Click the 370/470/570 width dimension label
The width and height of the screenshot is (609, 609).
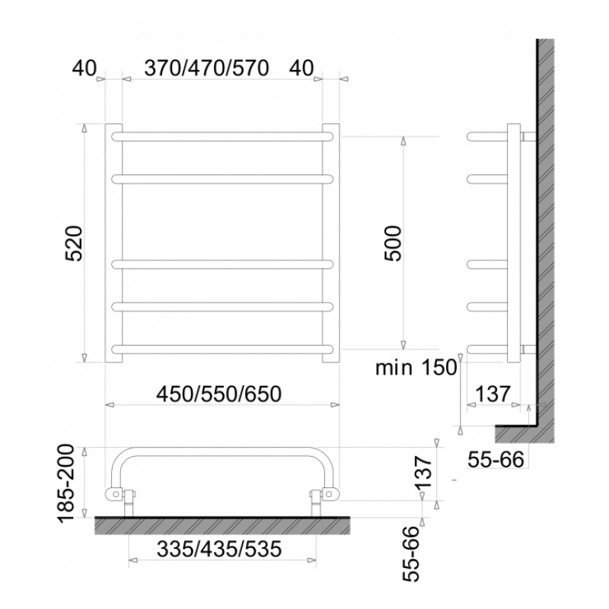click(206, 68)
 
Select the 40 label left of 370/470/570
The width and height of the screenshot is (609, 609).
click(84, 68)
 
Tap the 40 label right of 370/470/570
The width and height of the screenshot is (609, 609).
click(302, 68)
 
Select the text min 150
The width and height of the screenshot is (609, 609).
click(416, 368)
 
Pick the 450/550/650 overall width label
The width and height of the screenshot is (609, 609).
click(218, 394)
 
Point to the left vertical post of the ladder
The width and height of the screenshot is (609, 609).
click(113, 244)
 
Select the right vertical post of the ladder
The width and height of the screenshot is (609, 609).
click(330, 244)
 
